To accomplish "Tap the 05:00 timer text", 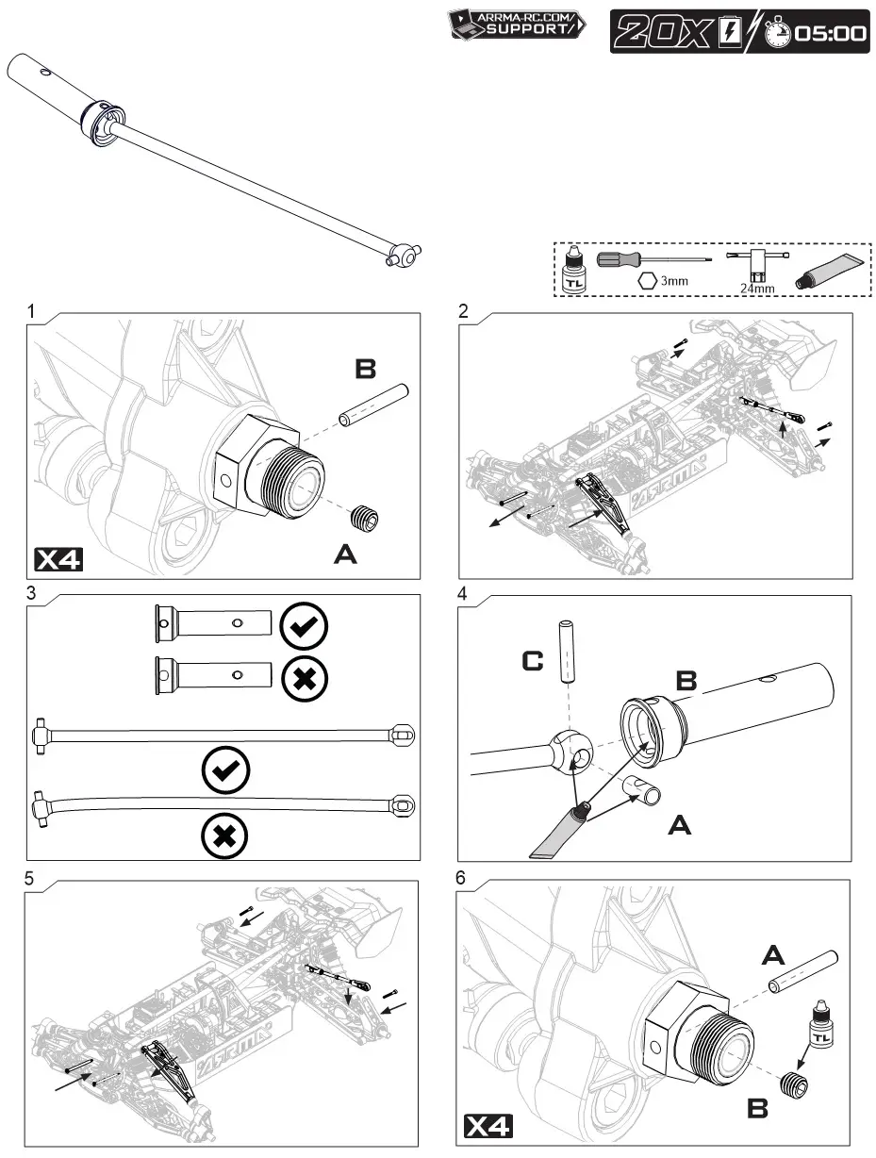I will click(830, 33).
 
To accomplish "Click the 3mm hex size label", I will click(673, 280).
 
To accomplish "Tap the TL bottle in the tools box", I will click(572, 270).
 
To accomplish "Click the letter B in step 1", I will click(365, 370).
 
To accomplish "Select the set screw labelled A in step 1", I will click(366, 518).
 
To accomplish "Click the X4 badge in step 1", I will click(58, 559).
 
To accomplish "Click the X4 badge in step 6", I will click(489, 1126).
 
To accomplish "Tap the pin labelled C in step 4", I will click(568, 652).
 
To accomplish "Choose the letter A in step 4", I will click(681, 826).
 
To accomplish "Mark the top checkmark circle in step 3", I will click(305, 624).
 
